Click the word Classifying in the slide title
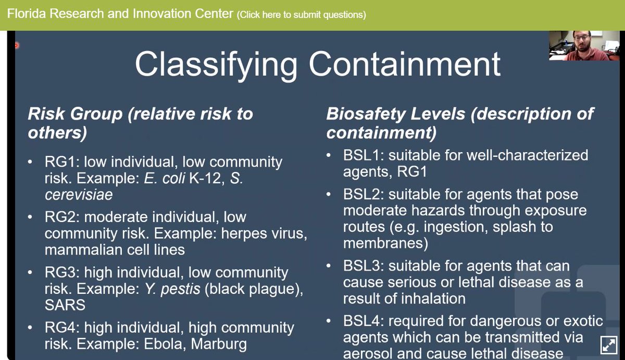click(216, 64)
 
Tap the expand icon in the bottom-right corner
click(608, 344)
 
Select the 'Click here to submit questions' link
click(302, 15)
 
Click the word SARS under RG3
click(65, 304)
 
